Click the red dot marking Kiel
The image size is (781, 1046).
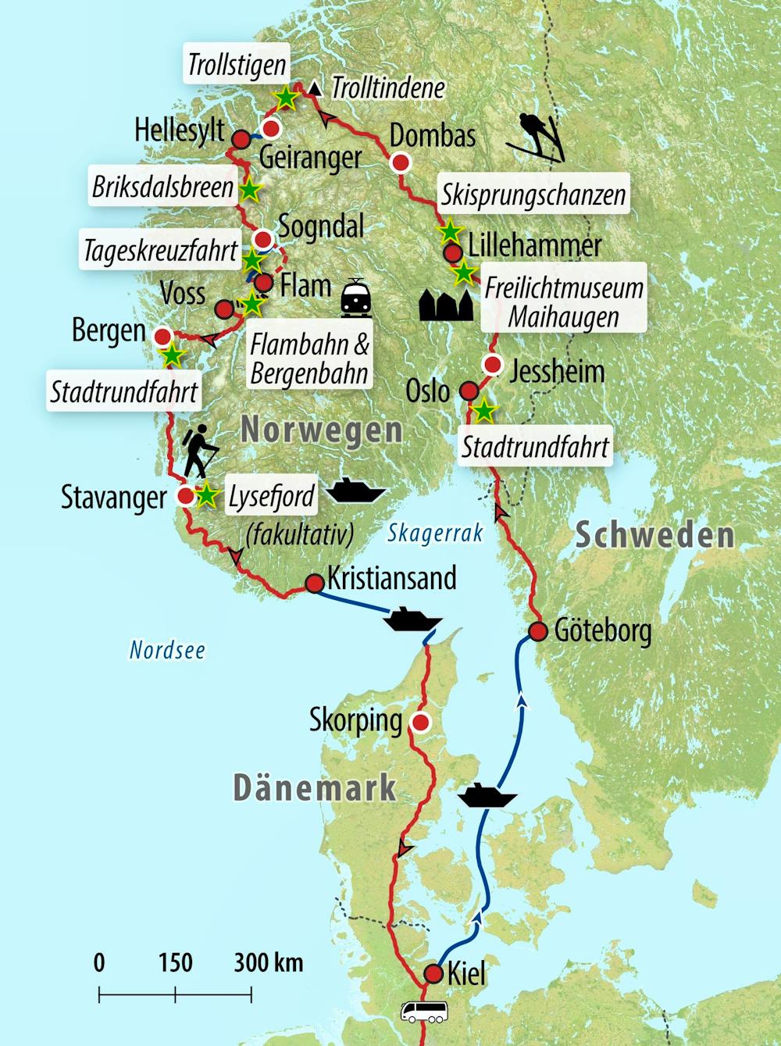point(433,973)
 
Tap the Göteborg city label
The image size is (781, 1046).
point(602,630)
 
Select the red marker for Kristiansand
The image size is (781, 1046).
point(314,584)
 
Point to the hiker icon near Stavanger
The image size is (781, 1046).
point(199,451)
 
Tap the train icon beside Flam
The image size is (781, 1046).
point(356,298)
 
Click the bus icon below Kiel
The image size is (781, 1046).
point(423,1012)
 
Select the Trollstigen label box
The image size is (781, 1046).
point(237,64)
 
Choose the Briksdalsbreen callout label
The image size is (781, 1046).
point(162,187)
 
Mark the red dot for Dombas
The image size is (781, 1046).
point(401,162)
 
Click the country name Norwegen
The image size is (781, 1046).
point(322,430)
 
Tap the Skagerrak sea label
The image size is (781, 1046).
point(435,533)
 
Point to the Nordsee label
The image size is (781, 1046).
point(167,650)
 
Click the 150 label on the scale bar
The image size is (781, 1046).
point(175,962)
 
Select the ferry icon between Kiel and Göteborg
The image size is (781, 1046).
point(487,797)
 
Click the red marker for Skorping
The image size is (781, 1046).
point(421,722)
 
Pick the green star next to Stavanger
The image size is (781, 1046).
point(206,495)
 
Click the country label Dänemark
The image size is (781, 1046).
point(315,787)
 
